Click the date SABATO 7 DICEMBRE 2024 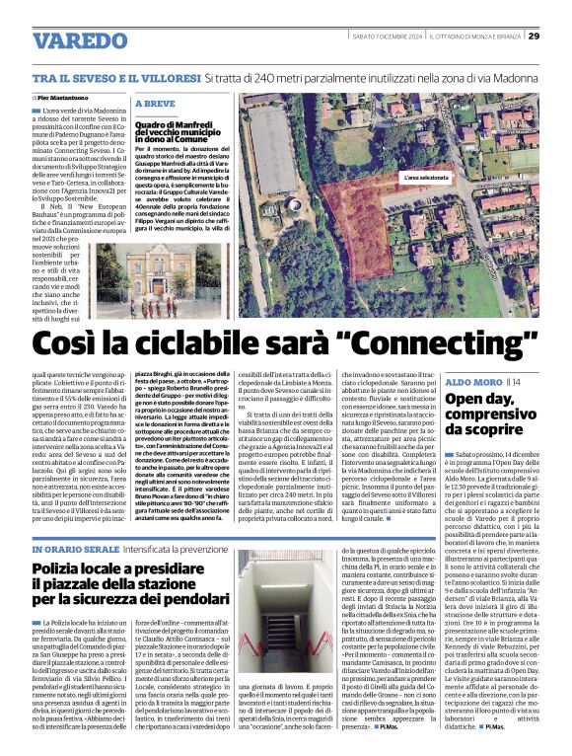386,37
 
